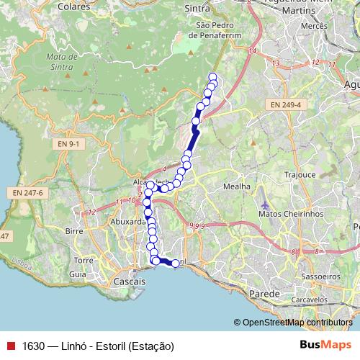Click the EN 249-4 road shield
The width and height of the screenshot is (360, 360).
(x=286, y=105)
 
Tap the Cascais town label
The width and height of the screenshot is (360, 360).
(x=130, y=283)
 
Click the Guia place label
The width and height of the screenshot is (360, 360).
(x=78, y=274)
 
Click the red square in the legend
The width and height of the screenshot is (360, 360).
(x=10, y=346)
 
